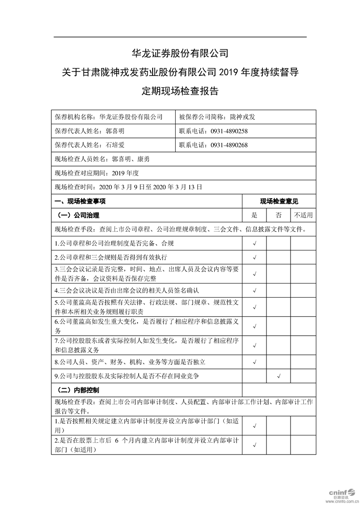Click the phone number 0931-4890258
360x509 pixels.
click(229, 131)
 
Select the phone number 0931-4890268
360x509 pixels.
click(229, 145)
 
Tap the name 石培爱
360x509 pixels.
click(115, 145)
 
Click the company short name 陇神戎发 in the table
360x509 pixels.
click(242, 117)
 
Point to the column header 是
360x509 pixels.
click(254, 215)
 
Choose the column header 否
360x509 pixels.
click(278, 215)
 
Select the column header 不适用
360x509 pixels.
click(303, 215)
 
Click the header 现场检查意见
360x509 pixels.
click(279, 201)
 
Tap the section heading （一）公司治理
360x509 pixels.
click(78, 215)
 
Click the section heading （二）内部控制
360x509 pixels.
click(78, 390)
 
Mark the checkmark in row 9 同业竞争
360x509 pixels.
click(278, 376)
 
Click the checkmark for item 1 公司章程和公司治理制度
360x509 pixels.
click(254, 244)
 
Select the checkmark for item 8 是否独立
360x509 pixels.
click(254, 362)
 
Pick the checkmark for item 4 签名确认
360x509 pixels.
click(254, 290)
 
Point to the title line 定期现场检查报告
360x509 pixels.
click(180, 91)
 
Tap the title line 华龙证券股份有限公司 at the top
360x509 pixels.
click(180, 53)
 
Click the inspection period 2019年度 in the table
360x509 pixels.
click(124, 173)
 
